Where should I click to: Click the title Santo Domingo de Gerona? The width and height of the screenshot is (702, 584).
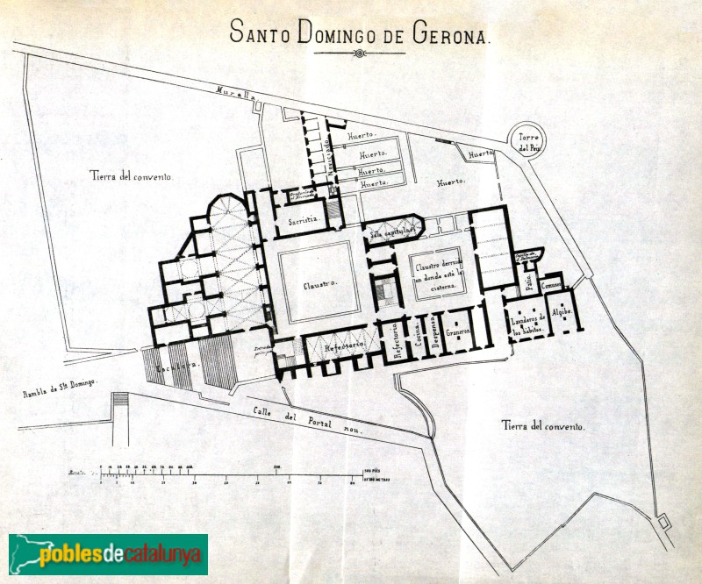360,34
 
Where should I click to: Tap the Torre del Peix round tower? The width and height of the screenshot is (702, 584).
528,143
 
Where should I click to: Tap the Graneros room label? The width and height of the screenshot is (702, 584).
457,332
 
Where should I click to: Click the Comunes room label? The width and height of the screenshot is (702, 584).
552,286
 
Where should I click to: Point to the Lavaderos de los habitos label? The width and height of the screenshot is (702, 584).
529,324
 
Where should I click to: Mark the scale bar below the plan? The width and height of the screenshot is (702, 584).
228,475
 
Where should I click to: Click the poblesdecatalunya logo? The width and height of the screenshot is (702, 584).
108,553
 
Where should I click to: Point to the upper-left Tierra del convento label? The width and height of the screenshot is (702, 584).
131,175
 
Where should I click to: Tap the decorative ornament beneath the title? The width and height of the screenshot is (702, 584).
360,53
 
